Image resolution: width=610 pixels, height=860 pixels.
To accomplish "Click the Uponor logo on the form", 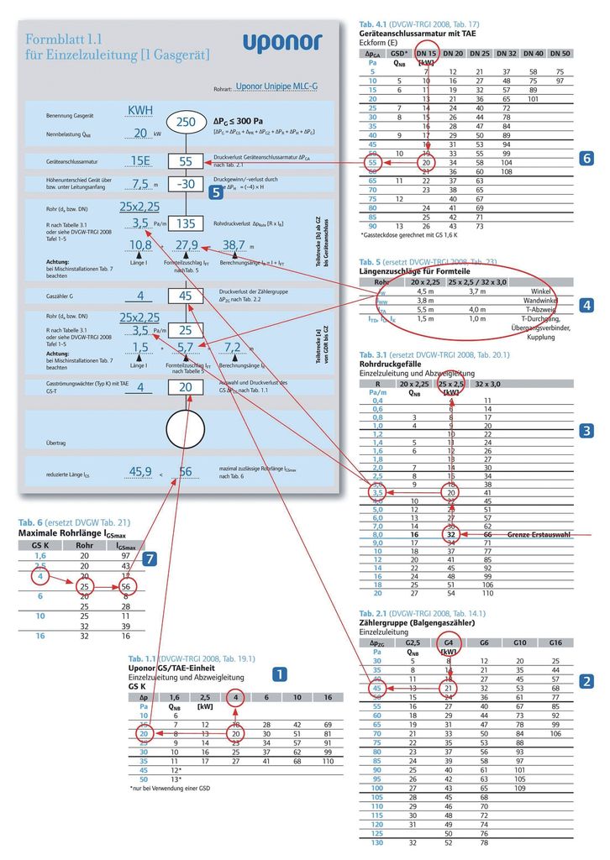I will click(x=282, y=43).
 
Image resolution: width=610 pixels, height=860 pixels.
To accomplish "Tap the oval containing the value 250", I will click(x=186, y=123).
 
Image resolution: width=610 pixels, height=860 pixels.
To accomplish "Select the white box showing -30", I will click(x=186, y=184).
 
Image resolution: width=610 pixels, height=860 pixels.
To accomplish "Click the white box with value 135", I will click(x=186, y=224).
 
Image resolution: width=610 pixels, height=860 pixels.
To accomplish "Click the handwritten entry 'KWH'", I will click(x=140, y=112).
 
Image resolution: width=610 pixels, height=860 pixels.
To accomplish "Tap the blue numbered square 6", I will click(x=587, y=158).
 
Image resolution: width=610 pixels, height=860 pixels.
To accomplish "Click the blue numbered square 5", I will click(x=216, y=191).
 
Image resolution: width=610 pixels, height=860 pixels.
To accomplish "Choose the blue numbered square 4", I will click(x=587, y=305).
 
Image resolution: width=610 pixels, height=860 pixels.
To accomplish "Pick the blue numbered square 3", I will click(x=587, y=432).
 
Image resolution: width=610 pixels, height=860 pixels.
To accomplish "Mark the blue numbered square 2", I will click(x=587, y=681).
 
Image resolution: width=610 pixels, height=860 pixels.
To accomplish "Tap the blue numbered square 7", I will click(x=149, y=558).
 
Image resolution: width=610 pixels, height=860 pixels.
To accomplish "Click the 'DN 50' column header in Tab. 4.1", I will click(x=559, y=53).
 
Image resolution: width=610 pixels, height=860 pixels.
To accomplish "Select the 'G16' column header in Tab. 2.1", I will click(x=555, y=642).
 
